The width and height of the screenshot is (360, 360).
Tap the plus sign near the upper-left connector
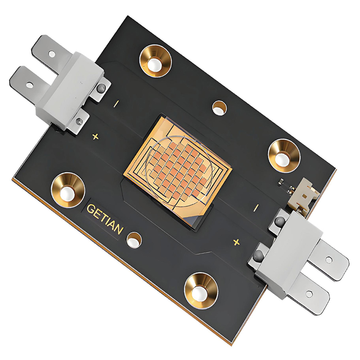(x=95, y=137)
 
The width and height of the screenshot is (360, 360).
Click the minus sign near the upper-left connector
(x=117, y=103)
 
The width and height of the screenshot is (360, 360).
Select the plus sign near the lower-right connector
(x=236, y=242)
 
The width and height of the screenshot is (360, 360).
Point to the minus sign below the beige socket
(x=256, y=207)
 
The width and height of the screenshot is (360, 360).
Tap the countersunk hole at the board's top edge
(x=155, y=62)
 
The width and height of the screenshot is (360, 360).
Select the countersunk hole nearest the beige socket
(x=284, y=156)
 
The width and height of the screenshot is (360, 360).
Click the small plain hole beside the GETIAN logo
(x=134, y=240)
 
